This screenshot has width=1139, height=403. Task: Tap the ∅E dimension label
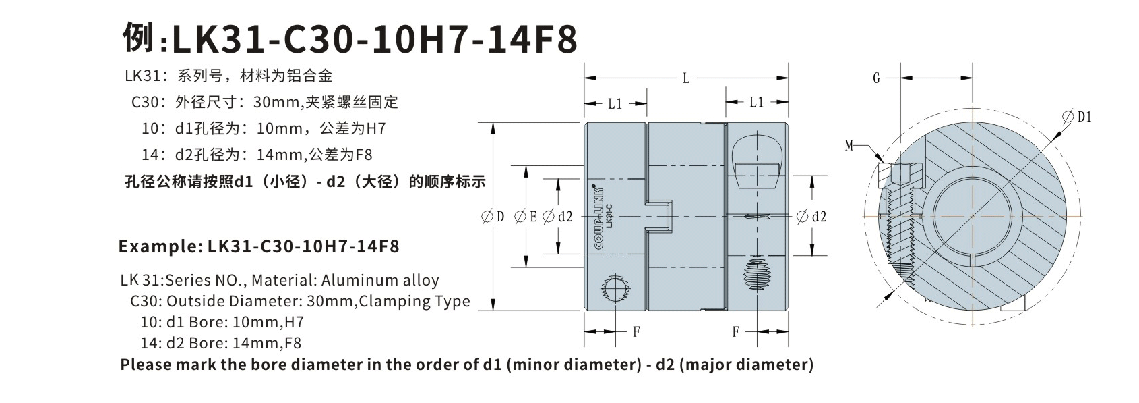pos(526,217)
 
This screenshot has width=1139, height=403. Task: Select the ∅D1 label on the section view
pos(1076,117)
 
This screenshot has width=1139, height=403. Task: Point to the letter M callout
pos(849,145)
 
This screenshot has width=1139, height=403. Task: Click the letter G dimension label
pos(876,78)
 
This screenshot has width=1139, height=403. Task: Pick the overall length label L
pos(686,78)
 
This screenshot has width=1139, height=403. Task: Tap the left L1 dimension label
pos(615,103)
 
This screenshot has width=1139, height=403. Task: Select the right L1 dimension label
pos(756,102)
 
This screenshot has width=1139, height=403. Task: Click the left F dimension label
pos(636,331)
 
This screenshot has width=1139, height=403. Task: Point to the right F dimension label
pos(735,331)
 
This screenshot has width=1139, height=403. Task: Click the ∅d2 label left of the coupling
pos(557,217)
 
